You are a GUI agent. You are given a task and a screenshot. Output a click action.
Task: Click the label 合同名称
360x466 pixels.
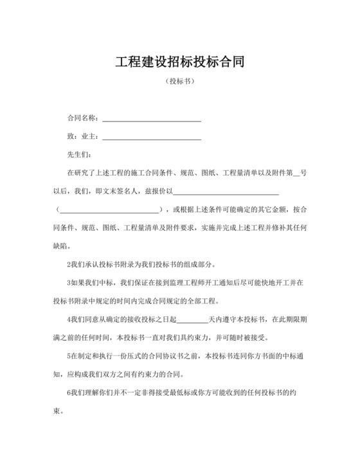pos(82,118)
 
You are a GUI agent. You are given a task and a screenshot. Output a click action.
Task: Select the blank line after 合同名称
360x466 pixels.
pos(152,120)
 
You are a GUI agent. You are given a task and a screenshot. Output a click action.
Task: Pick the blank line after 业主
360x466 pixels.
pos(152,138)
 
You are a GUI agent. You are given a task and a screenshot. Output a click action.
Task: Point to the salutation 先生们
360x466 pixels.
pos(79,155)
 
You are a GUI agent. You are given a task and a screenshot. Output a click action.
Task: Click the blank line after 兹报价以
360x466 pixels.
pos(226,192)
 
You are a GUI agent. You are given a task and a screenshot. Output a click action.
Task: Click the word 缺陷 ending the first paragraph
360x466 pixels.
pos(62,246)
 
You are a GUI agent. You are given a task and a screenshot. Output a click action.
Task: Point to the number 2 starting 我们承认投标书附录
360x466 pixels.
pos(69,264)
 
